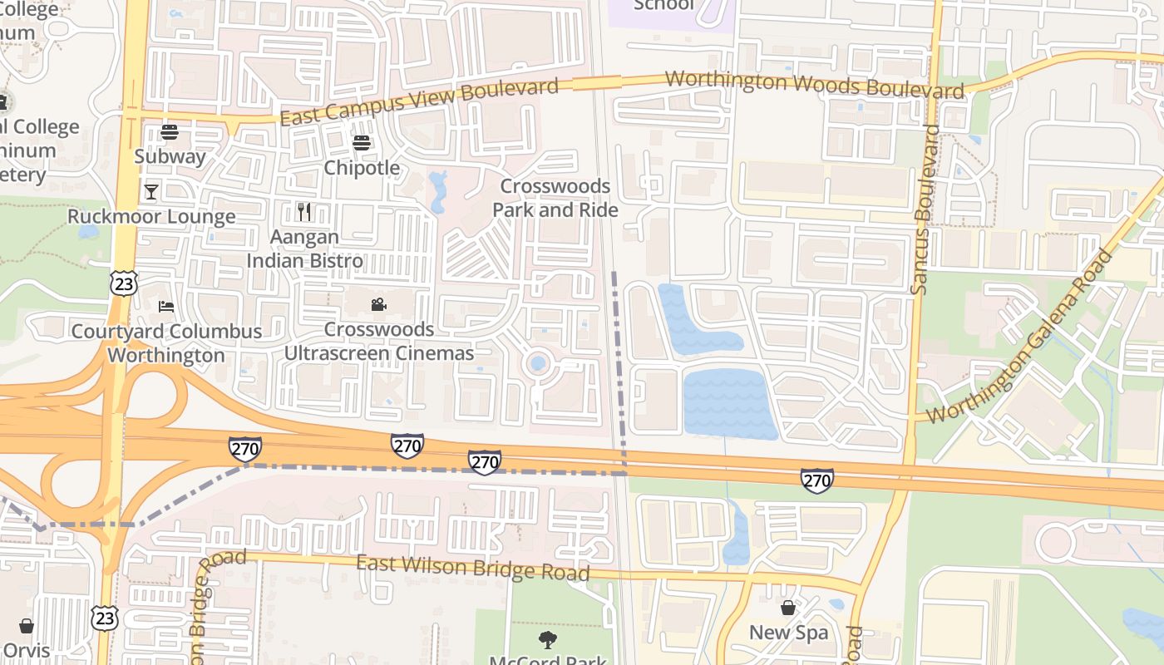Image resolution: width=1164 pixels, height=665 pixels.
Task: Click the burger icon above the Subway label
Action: click(x=170, y=131)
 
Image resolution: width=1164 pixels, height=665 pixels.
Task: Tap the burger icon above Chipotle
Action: click(x=361, y=143)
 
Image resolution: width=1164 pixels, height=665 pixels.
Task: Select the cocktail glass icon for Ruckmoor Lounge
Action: click(x=150, y=192)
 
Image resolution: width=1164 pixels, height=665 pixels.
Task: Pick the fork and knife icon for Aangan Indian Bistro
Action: click(x=304, y=212)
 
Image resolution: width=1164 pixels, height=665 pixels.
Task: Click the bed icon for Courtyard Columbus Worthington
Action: click(x=166, y=306)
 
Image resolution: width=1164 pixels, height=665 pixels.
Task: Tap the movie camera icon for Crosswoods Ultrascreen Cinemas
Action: click(x=378, y=304)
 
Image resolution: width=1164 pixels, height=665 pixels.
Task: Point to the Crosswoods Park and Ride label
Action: click(x=555, y=198)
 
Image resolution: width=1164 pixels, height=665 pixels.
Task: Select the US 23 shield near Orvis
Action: click(x=106, y=618)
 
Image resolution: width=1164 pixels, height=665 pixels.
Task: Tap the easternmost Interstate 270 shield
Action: click(x=816, y=480)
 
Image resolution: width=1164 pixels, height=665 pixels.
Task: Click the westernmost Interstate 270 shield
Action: click(x=245, y=450)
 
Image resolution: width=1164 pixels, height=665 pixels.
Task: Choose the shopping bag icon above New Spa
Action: click(x=787, y=608)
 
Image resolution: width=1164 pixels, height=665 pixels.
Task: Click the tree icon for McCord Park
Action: click(x=547, y=639)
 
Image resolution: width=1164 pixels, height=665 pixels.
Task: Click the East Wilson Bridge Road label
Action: click(x=473, y=569)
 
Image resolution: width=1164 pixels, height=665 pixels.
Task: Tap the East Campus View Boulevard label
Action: click(x=419, y=102)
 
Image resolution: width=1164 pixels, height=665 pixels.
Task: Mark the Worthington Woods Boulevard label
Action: click(x=815, y=85)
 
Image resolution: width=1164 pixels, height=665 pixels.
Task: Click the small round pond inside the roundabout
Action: click(x=538, y=363)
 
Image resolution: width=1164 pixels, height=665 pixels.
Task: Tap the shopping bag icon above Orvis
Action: click(x=27, y=625)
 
